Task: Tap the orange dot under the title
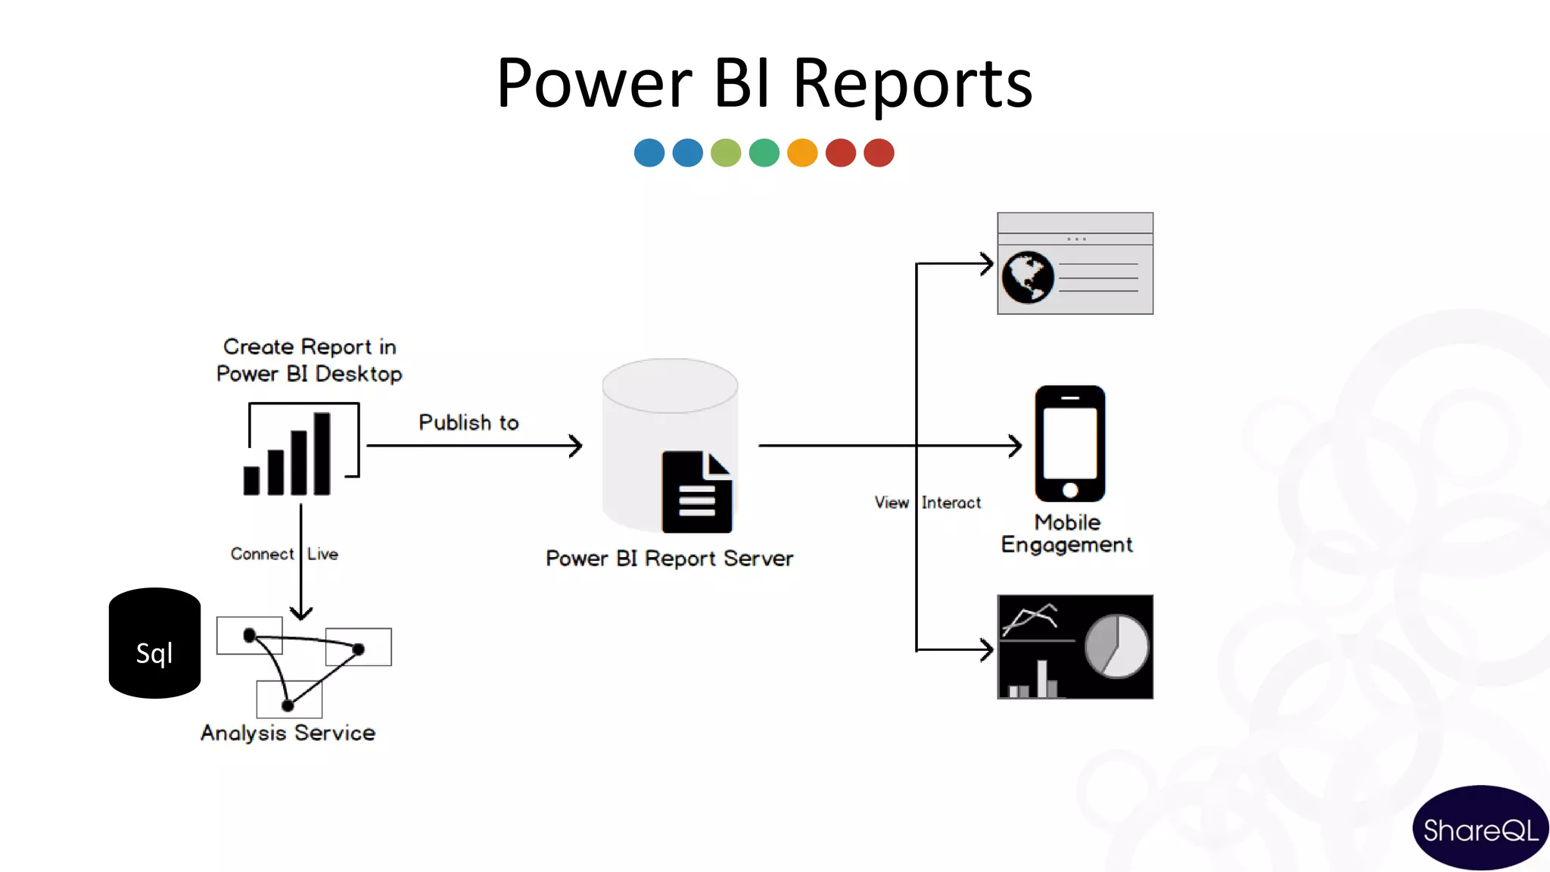pos(802,152)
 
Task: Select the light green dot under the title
pos(726,152)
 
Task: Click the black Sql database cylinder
pos(154,643)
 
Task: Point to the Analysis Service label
pos(288,733)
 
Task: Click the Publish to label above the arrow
pos(468,422)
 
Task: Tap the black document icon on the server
pos(696,493)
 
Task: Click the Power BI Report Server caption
pos(669,559)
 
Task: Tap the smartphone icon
pos(1069,444)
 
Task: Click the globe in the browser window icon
pos(1028,278)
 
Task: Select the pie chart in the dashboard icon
pos(1116,646)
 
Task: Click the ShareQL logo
pos(1480,830)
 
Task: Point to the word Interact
pos(951,503)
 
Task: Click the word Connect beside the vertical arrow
pos(262,554)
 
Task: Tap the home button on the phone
pos(1070,490)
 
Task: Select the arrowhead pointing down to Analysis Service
pos(301,612)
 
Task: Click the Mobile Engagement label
pos(1066,534)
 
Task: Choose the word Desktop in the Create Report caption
pos(358,374)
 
